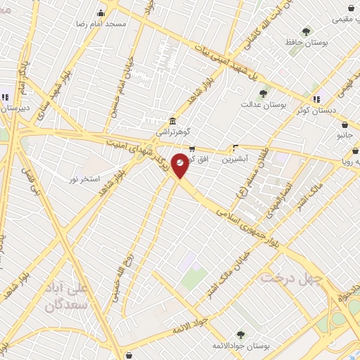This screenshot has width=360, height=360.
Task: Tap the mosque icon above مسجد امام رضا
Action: click(x=101, y=13)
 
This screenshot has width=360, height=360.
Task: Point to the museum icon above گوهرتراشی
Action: click(x=173, y=120)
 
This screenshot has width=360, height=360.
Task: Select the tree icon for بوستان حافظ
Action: click(x=306, y=31)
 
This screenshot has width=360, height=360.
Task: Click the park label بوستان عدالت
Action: click(x=264, y=104)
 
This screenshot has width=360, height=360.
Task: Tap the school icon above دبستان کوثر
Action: click(x=316, y=98)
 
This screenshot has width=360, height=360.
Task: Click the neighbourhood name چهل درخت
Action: click(x=290, y=278)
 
